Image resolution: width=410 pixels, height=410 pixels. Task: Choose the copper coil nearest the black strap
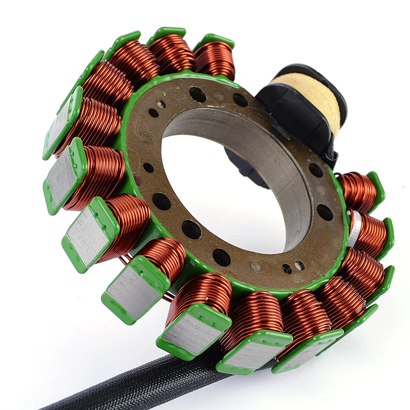pyautogui.click(x=356, y=191)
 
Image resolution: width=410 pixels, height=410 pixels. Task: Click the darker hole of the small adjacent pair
pyautogui.click(x=287, y=269)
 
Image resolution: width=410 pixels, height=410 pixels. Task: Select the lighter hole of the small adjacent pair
pyautogui.click(x=300, y=265)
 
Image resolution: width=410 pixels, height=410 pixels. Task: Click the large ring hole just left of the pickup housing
pyautogui.click(x=240, y=100)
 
